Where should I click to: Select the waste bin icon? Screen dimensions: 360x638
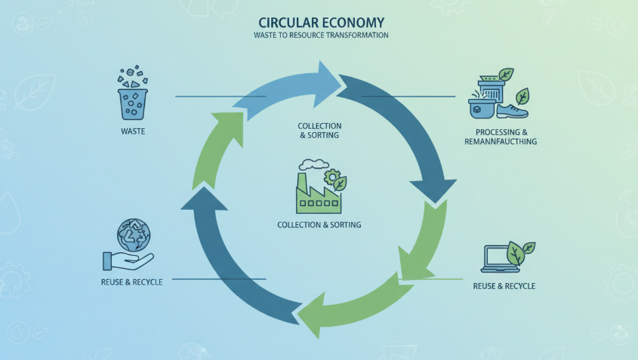point(134,101)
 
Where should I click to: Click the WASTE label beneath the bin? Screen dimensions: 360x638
point(133,131)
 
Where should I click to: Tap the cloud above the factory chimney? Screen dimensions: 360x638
point(313,163)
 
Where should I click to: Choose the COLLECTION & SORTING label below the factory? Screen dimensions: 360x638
point(319,225)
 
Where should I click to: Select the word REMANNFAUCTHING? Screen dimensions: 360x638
point(502,141)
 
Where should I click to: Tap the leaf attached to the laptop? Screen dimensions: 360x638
point(522,250)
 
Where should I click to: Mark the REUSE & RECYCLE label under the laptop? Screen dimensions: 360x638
point(504,286)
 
